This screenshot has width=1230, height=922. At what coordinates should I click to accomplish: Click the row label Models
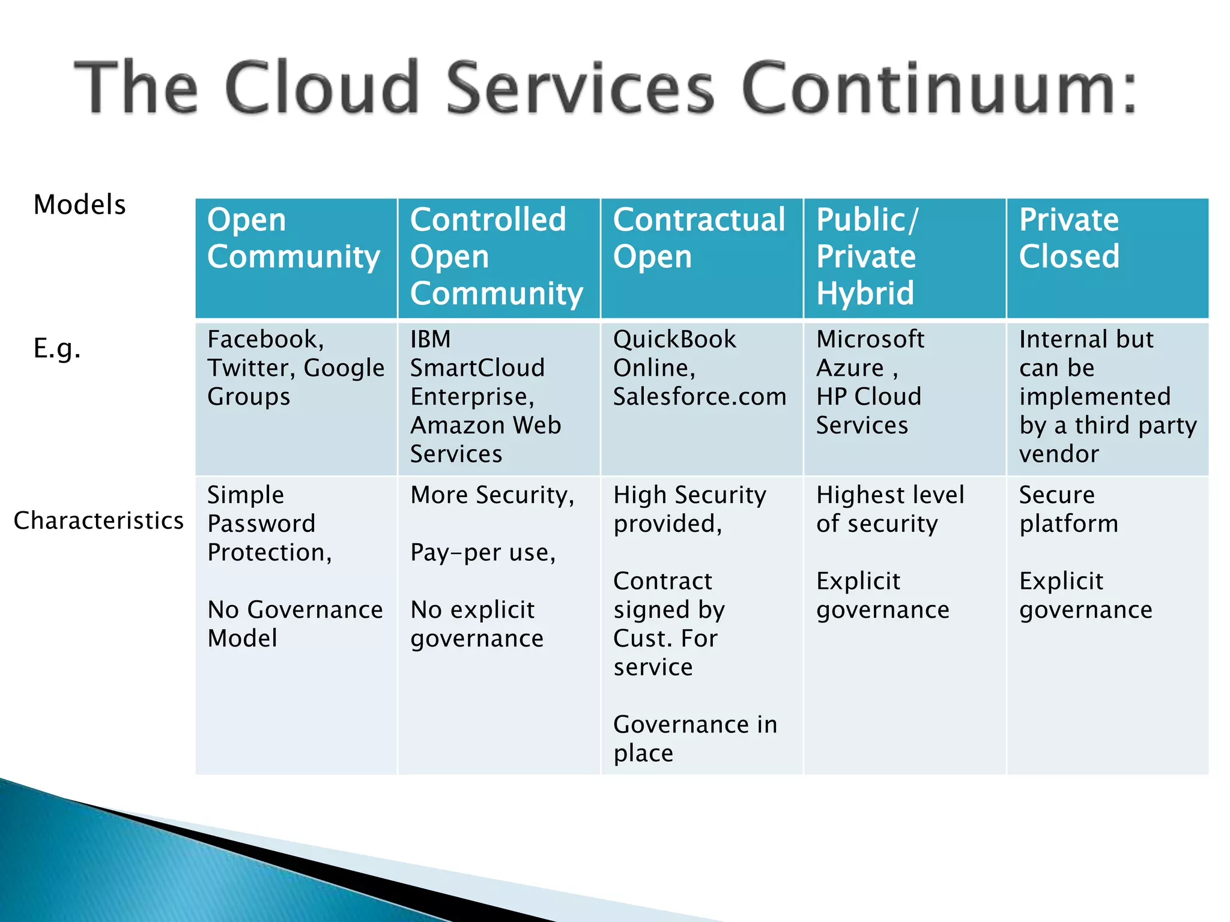pos(79,205)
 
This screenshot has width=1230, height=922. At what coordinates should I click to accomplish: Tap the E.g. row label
pos(57,348)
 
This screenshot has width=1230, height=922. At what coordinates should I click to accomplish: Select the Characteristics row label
pos(98,520)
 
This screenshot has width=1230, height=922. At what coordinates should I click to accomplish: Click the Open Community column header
pos(293,238)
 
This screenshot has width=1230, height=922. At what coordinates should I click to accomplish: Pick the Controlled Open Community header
pos(496,256)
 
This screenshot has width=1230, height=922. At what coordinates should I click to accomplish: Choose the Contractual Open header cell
pos(698,238)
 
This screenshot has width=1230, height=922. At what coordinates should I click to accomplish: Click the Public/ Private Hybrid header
pos(866,256)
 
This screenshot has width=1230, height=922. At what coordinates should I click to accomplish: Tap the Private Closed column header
pos(1069,238)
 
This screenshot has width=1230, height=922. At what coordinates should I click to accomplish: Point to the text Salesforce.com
pos(699,397)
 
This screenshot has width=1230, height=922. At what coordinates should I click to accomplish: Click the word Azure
pos(850,368)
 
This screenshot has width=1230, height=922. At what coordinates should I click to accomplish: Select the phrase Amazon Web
pos(485,426)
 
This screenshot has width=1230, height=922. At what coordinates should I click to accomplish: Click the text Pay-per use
pos(483,553)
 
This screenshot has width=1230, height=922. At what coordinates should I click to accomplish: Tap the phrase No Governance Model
pos(294,624)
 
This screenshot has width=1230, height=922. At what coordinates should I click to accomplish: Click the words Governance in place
pos(695,739)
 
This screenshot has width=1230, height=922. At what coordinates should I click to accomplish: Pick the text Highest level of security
pos(889,509)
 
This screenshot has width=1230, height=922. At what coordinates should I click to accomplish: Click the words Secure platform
pos(1068,509)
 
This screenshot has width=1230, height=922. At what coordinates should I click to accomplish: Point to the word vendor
pos(1059,454)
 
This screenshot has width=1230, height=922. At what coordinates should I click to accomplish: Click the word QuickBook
pos(674,340)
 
